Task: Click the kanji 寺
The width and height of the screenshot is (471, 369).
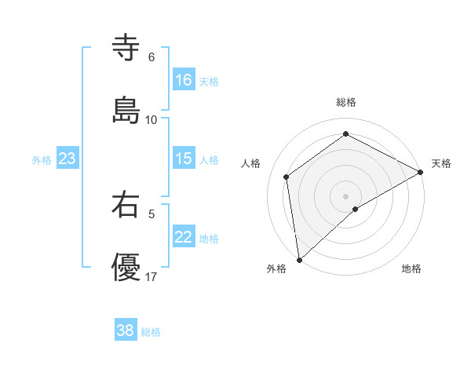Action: click(x=126, y=47)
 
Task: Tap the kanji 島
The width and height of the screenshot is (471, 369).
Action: click(x=126, y=110)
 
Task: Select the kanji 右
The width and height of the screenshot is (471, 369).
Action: click(x=126, y=205)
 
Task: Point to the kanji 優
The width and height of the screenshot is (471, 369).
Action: click(x=126, y=268)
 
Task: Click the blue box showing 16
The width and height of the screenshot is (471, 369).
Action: click(x=184, y=80)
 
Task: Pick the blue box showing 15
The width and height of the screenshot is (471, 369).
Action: click(x=184, y=159)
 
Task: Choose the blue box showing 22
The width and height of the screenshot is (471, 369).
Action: click(x=184, y=237)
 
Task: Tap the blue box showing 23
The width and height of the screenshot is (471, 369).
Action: click(x=68, y=159)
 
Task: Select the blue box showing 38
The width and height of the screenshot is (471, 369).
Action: click(x=126, y=331)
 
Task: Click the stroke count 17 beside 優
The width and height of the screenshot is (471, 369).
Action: click(x=152, y=277)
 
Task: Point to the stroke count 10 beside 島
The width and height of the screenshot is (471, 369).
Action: click(x=152, y=120)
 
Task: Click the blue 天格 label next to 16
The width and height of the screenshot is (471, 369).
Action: click(x=209, y=81)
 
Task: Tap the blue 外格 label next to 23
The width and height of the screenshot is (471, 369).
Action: click(x=42, y=159)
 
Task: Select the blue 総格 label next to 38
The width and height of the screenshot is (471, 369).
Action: click(x=151, y=331)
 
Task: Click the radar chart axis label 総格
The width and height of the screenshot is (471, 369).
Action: click(x=346, y=102)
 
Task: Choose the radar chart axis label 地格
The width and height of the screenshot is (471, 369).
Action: click(x=411, y=269)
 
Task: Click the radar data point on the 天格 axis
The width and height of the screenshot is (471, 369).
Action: click(x=421, y=173)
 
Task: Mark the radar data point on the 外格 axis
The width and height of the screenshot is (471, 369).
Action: click(x=299, y=259)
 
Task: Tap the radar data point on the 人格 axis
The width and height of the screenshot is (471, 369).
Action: click(x=287, y=177)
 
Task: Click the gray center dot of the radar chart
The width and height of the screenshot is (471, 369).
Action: click(x=346, y=195)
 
